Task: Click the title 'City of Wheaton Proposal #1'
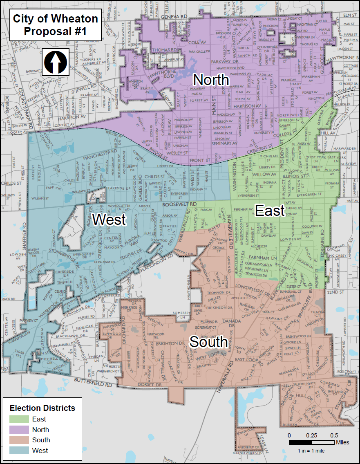pos(56,25)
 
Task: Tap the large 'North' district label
pos(211,79)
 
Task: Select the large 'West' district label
pos(109,220)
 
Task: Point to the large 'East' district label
pos(270,211)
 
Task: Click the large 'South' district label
pos(209,342)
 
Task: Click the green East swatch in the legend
pos(19,419)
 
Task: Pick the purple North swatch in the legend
pos(19,430)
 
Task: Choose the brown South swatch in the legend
pos(19,440)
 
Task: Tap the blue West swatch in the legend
pos(19,451)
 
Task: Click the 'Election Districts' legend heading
pos(42,408)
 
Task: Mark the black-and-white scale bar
pos(311,443)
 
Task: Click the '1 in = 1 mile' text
pos(311,451)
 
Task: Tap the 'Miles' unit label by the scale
pos(342,443)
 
